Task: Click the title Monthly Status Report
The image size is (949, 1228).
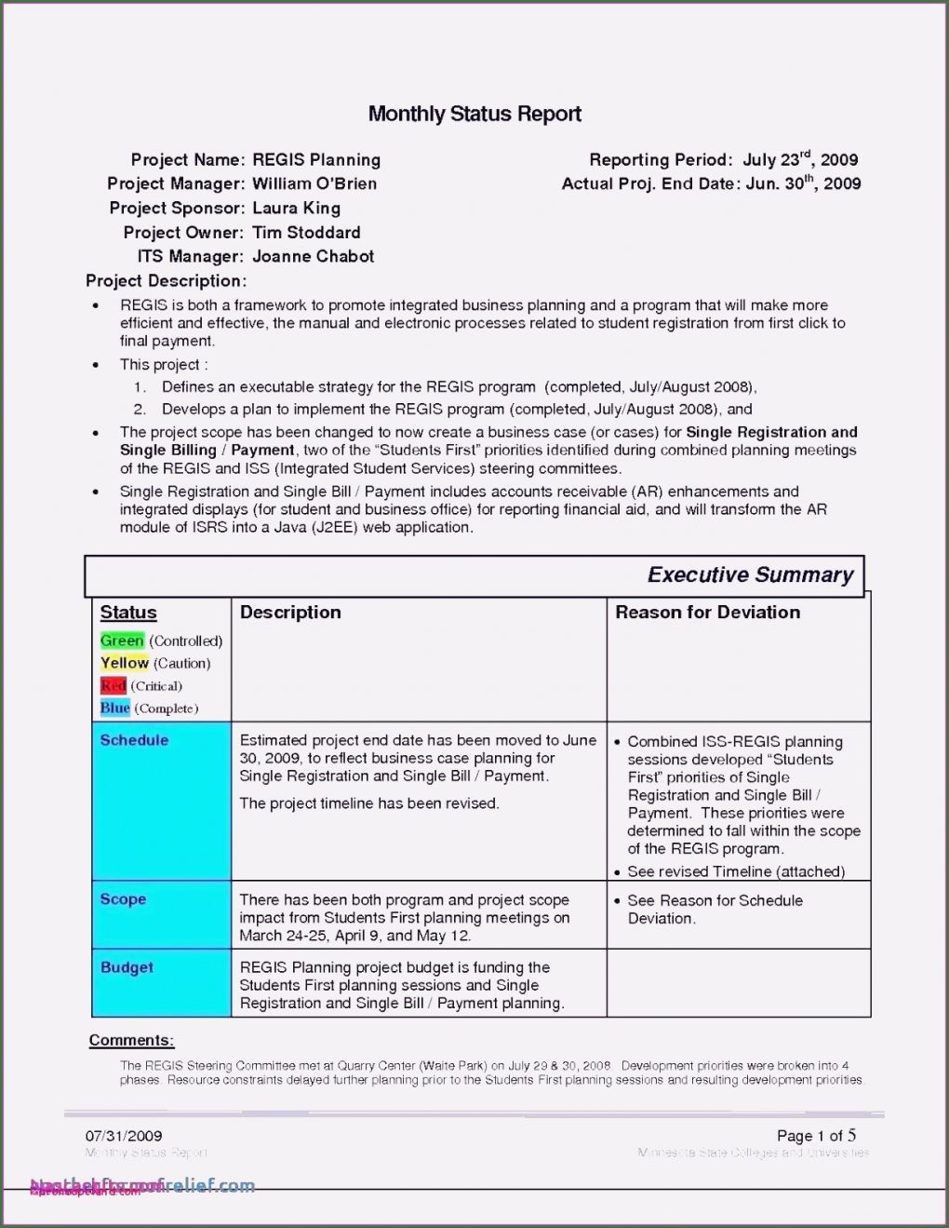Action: point(474,115)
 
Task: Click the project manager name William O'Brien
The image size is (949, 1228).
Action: point(314,183)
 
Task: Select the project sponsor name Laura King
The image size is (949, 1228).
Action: point(296,208)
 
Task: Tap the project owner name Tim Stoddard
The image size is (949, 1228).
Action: point(306,232)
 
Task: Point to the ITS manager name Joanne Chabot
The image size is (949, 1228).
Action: point(313,256)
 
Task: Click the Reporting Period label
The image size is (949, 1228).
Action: point(661,160)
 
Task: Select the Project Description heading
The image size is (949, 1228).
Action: point(166,280)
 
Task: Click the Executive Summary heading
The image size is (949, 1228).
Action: point(750,575)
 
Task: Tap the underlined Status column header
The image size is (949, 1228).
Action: point(128,613)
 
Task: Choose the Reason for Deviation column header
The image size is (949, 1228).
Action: point(707,612)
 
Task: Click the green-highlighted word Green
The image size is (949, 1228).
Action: point(122,641)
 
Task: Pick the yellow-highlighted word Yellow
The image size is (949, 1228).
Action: point(125,663)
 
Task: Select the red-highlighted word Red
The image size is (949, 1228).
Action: point(114,686)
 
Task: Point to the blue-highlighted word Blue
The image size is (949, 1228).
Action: point(115,708)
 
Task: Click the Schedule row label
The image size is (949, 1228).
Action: point(134,740)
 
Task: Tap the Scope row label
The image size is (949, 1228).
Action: point(123,899)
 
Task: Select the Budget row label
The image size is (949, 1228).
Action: point(127,967)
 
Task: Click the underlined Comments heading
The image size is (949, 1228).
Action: point(131,1040)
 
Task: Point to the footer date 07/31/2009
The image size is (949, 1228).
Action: point(124,1136)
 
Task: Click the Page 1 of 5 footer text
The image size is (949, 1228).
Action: point(816,1136)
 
